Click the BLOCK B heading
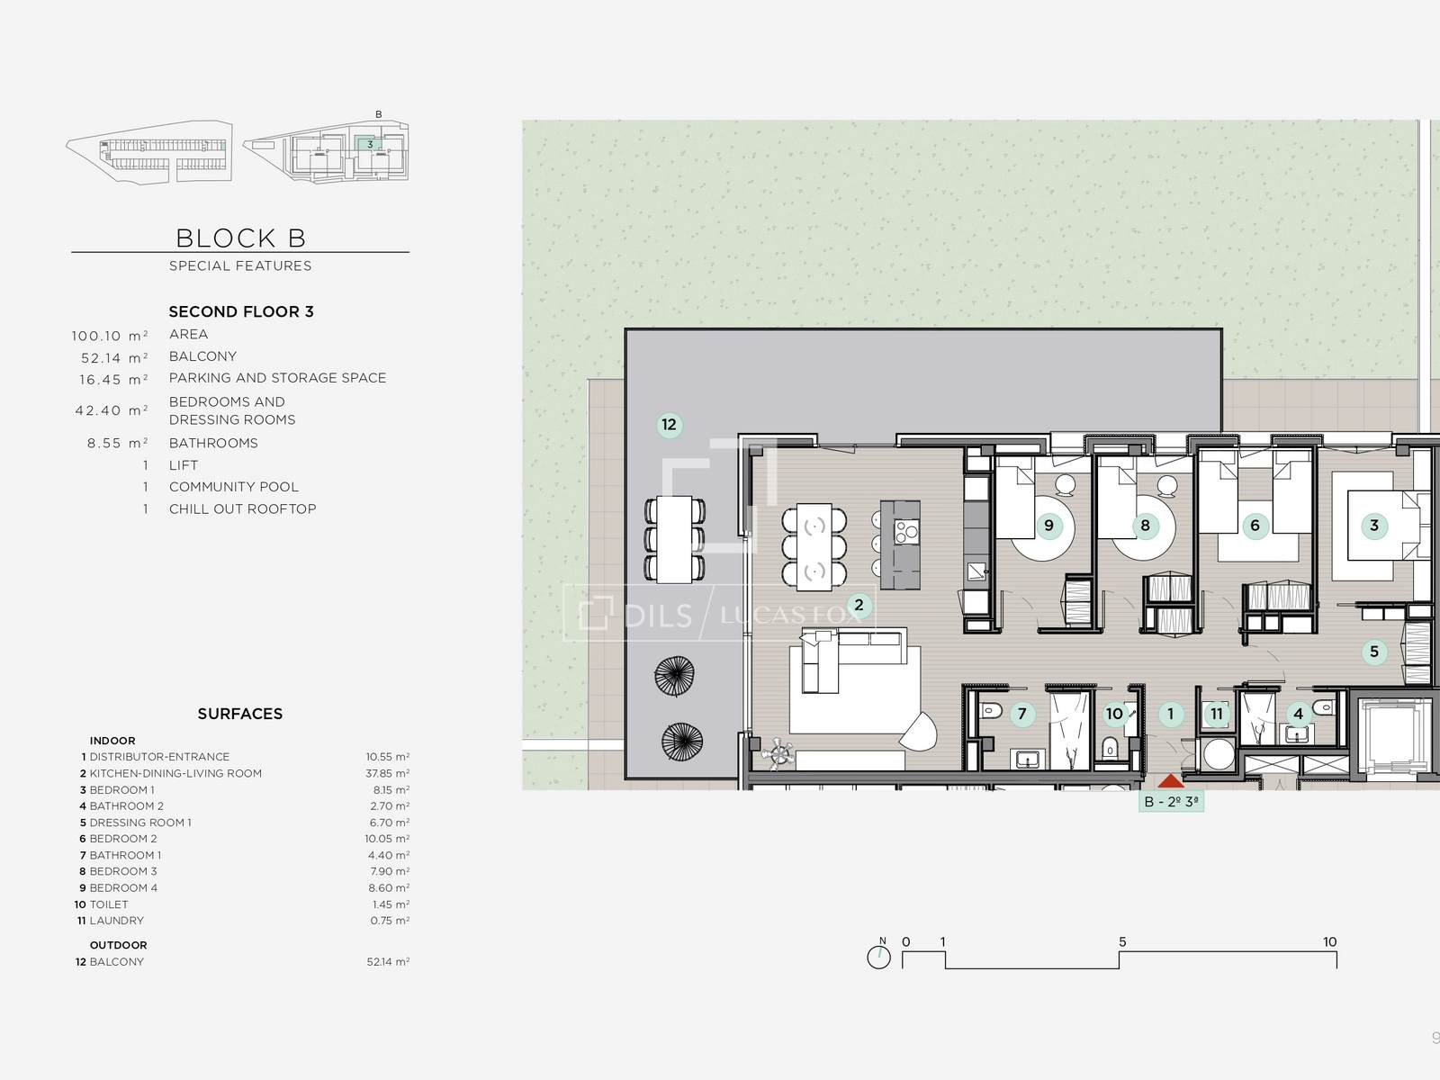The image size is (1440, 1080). (241, 238)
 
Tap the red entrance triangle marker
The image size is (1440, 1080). (1171, 780)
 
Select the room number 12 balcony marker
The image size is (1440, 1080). (670, 424)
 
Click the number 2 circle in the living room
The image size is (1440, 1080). (859, 605)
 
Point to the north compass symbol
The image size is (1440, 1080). (879, 956)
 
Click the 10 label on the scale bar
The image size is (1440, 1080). (1330, 941)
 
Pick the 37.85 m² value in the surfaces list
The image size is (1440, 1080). (388, 773)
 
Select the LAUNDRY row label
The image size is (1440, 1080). (117, 921)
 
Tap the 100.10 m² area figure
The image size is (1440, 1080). (110, 336)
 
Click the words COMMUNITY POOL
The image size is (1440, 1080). (233, 487)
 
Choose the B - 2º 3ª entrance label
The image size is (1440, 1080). (1171, 801)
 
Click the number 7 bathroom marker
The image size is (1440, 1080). (1022, 714)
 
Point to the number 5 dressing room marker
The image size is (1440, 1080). (1374, 652)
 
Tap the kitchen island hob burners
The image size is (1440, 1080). (906, 531)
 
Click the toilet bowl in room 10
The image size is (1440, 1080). (1110, 747)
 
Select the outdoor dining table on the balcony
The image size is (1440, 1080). (674, 539)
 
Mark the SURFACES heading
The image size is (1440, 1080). (240, 714)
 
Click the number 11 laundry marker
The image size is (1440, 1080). (1217, 714)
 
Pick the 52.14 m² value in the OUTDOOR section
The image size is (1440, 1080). (389, 962)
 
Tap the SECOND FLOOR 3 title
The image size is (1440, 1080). (241, 311)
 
